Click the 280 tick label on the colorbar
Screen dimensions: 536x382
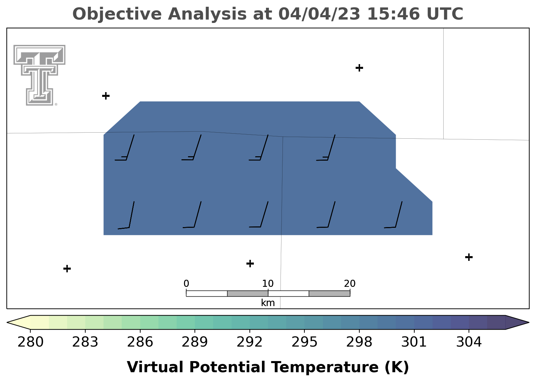(x=30, y=342)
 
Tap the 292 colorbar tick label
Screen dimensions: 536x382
(x=249, y=342)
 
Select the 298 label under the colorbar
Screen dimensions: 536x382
(x=359, y=342)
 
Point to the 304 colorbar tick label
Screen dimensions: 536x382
(x=469, y=342)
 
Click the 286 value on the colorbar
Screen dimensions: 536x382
(x=140, y=342)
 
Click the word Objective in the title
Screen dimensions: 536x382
(x=117, y=14)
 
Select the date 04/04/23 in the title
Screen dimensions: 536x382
(x=320, y=14)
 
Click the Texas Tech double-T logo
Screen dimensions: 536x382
(x=39, y=75)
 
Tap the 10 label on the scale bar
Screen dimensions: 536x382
(x=268, y=284)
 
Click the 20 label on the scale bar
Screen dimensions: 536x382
(x=350, y=284)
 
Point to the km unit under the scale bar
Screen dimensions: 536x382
(x=268, y=303)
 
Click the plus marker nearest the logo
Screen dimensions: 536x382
(x=106, y=96)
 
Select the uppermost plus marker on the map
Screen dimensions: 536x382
(x=359, y=68)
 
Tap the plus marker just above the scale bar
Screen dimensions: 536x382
(x=250, y=264)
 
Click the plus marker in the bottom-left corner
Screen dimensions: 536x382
(x=67, y=269)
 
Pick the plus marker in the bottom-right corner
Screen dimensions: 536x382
(x=469, y=257)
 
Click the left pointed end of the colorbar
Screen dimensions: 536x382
(x=7, y=322)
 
